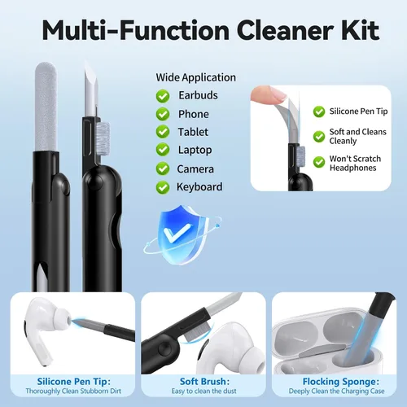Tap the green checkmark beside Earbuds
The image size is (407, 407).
click(163, 96)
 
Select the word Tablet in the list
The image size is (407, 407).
click(193, 132)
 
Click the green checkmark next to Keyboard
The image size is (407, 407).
click(163, 187)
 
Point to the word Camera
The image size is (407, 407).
click(195, 169)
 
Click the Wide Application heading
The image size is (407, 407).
click(195, 77)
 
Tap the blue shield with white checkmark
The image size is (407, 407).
click(181, 234)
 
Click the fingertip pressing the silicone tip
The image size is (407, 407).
click(267, 94)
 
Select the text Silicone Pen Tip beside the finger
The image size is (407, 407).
click(358, 112)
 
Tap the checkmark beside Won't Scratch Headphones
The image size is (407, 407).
click(319, 162)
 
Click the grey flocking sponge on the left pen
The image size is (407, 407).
click(46, 107)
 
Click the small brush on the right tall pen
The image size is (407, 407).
click(103, 139)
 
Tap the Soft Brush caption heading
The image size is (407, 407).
click(204, 382)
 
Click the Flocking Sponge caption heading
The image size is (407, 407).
click(341, 382)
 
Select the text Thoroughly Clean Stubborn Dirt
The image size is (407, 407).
click(73, 391)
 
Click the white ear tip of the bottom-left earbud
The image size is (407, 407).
click(62, 317)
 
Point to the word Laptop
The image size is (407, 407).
click(195, 151)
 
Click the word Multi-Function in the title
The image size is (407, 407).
click(136, 30)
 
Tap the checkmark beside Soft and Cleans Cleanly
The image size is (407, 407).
click(319, 137)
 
